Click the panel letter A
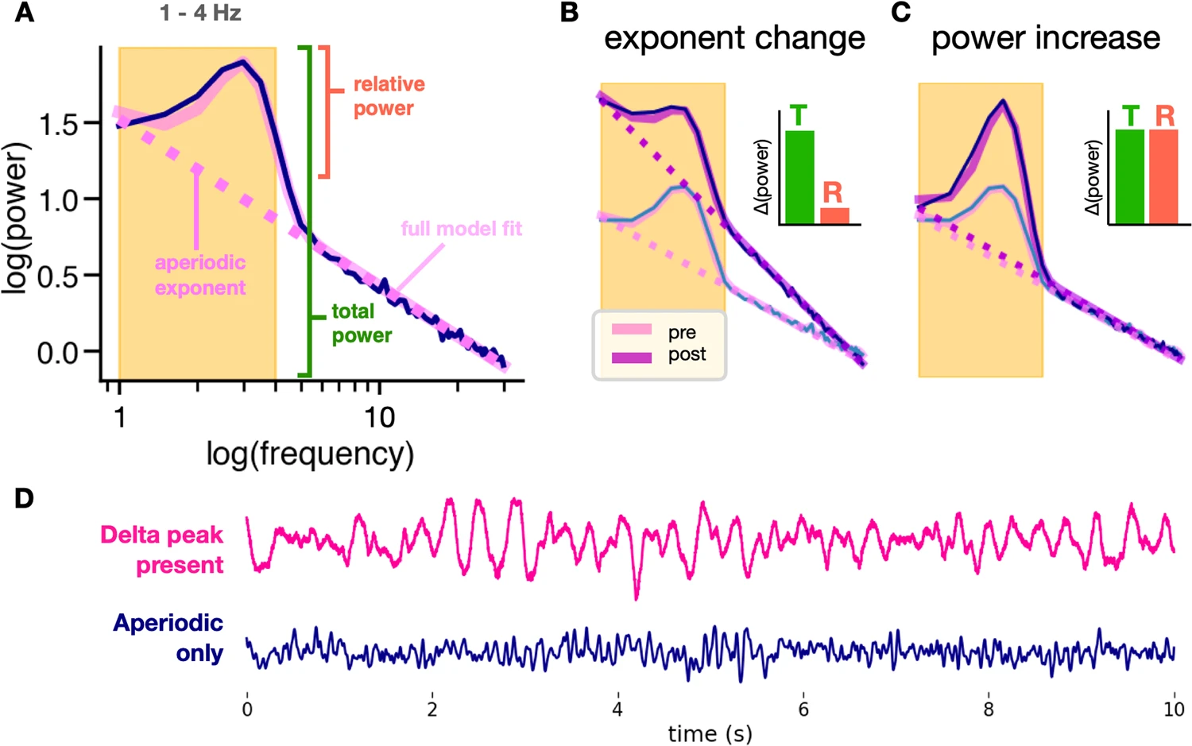(x=25, y=13)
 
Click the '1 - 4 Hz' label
(x=200, y=13)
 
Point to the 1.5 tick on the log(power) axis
(x=59, y=123)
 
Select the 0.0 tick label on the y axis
(x=59, y=352)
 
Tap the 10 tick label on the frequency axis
(x=379, y=417)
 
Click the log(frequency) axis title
(x=310, y=454)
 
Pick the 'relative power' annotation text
(x=388, y=96)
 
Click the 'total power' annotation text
(x=361, y=323)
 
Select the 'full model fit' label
(x=461, y=229)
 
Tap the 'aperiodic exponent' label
(x=200, y=275)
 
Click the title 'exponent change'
(x=734, y=37)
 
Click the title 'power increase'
(x=1045, y=37)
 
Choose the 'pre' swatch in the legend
(x=632, y=330)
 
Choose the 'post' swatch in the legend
(x=632, y=358)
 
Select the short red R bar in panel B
(x=834, y=215)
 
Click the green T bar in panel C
(x=1130, y=176)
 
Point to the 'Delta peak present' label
(x=162, y=550)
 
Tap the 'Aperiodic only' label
(x=168, y=637)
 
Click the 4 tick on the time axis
(x=617, y=709)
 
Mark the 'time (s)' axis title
(x=710, y=734)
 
